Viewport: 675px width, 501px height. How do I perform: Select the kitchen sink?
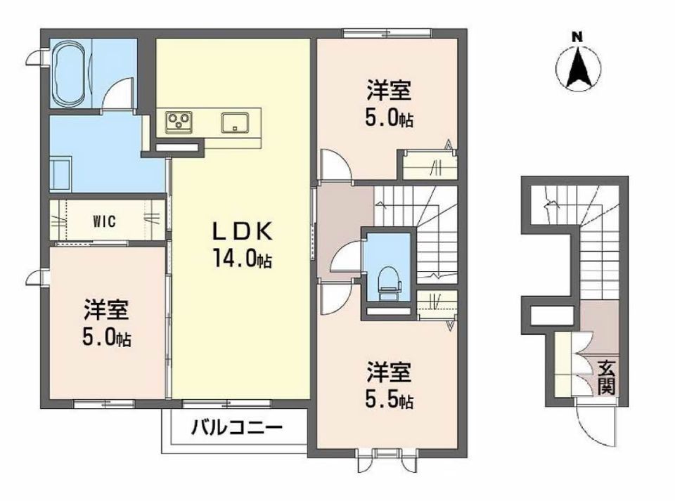point(235,122)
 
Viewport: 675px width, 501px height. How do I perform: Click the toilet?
point(389,283)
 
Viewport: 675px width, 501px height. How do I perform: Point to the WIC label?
point(104,221)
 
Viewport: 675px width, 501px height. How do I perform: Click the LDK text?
point(243,232)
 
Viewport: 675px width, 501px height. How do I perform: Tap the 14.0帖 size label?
point(242,259)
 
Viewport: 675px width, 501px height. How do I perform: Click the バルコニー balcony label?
point(237,427)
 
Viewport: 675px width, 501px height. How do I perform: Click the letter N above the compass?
point(577,37)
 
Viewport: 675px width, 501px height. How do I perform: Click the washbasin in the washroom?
point(60,174)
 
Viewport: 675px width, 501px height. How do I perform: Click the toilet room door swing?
point(345,258)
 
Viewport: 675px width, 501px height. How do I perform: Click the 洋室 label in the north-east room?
point(389,90)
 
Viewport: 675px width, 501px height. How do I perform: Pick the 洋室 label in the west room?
point(106,310)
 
